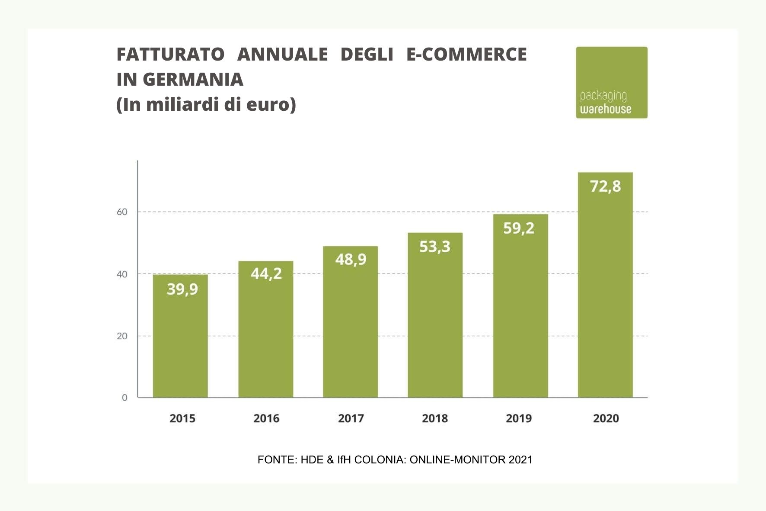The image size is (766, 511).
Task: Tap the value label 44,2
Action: tap(266, 273)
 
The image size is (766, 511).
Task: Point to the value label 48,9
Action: tap(351, 259)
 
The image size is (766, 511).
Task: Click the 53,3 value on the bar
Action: tap(435, 247)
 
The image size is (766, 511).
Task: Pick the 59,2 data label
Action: tap(519, 228)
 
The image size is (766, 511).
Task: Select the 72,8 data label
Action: tap(605, 186)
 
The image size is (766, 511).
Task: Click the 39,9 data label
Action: tap(182, 289)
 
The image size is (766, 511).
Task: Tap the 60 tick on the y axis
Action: tap(122, 212)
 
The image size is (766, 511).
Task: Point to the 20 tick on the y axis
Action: tap(122, 336)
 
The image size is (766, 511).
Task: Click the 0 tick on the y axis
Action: tap(124, 398)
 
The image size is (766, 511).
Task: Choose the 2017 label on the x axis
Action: tap(351, 418)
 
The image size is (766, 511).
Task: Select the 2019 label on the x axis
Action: tap(519, 418)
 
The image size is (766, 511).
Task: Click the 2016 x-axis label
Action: tap(266, 418)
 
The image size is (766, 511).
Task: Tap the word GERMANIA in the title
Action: tap(193, 80)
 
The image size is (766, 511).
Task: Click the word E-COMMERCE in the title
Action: tap(466, 55)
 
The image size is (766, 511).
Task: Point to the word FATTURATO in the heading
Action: tap(170, 55)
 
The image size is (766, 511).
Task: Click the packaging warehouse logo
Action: tap(611, 82)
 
